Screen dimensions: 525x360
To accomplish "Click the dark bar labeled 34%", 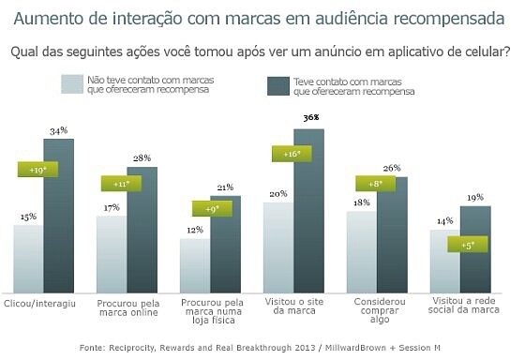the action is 59,216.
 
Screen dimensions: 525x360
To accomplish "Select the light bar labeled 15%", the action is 28,259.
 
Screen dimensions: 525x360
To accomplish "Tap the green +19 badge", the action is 37,170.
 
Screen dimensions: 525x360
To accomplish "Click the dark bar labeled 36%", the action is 309,211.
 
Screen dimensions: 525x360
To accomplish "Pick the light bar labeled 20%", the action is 278,247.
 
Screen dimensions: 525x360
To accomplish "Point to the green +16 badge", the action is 292,154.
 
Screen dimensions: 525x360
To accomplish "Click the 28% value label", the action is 142,158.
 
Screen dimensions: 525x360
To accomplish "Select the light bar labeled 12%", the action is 195,266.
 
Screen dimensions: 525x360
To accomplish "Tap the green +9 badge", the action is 212,209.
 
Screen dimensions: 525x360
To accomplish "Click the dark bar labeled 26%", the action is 393,235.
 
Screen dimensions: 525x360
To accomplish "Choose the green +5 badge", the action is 468,245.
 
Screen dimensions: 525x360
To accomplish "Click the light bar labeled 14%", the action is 445,262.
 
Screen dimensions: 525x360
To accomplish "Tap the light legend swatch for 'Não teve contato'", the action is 72,84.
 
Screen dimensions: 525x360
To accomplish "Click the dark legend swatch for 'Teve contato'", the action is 278,86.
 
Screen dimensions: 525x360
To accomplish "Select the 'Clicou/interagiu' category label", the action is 39,304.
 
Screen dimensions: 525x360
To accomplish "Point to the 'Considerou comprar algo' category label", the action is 380,310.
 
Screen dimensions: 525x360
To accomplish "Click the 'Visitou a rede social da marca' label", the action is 464,305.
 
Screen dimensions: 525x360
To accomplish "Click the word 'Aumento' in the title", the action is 46,19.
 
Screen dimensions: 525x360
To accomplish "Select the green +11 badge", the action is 121,184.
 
